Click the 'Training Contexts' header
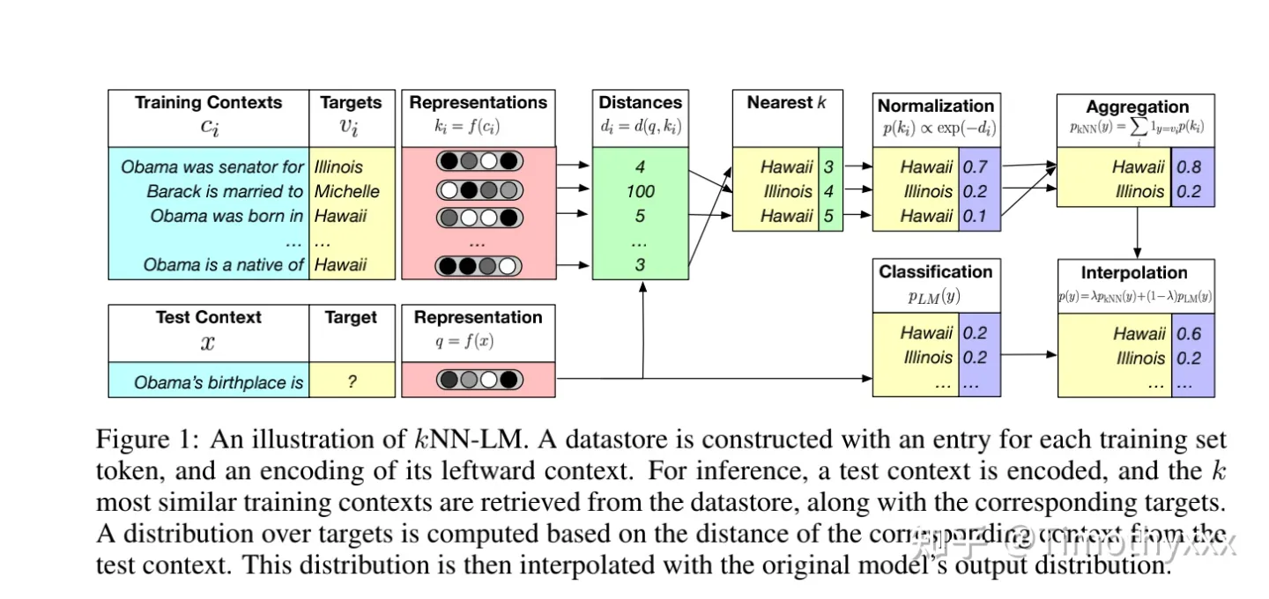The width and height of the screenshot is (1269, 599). pyautogui.click(x=208, y=103)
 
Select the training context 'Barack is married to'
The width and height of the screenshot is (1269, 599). pyautogui.click(x=224, y=191)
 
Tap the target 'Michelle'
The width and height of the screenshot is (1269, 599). pyautogui.click(x=347, y=191)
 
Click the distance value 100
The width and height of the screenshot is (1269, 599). pyautogui.click(x=640, y=191)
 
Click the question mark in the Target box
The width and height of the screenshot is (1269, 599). pyautogui.click(x=351, y=382)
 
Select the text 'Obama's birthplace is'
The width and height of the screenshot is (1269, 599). pyautogui.click(x=218, y=382)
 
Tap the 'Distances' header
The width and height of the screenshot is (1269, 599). pyautogui.click(x=640, y=103)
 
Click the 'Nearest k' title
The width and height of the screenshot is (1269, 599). pyautogui.click(x=786, y=103)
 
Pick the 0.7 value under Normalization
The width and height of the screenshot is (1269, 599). pyautogui.click(x=975, y=166)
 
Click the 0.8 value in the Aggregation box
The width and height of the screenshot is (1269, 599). pyautogui.click(x=1189, y=166)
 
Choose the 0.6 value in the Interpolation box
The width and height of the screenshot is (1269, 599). pyautogui.click(x=1189, y=334)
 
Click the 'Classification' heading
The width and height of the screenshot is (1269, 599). pyautogui.click(x=935, y=272)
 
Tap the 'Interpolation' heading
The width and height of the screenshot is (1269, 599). pyautogui.click(x=1134, y=273)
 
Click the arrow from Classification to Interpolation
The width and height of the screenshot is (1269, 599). pyautogui.click(x=1029, y=355)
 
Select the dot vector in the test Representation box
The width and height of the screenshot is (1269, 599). pyautogui.click(x=479, y=381)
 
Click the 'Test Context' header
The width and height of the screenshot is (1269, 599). pyautogui.click(x=208, y=318)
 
